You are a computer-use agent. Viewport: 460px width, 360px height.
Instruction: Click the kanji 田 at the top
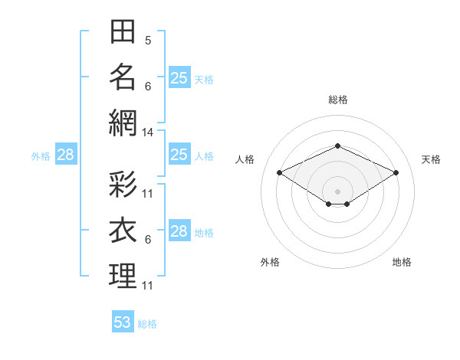pyautogui.click(x=123, y=31)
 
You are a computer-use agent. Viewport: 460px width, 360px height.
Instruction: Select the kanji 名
pyautogui.click(x=123, y=77)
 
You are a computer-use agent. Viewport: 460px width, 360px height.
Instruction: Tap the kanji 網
pyautogui.click(x=123, y=123)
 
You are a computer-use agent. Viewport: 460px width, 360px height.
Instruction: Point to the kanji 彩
pyautogui.click(x=123, y=184)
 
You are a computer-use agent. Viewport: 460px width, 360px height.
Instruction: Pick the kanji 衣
pyautogui.click(x=123, y=230)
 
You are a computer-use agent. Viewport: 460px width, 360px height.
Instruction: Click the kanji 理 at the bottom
pyautogui.click(x=123, y=276)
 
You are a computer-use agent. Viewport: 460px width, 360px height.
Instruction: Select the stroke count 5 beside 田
pyautogui.click(x=148, y=41)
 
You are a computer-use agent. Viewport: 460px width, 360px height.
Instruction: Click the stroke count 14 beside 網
pyautogui.click(x=147, y=133)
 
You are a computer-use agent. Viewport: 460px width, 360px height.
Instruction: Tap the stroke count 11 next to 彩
pyautogui.click(x=147, y=194)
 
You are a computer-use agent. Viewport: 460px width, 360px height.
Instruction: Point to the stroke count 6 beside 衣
pyautogui.click(x=148, y=240)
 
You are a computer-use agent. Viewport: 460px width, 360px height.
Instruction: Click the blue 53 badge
pyautogui.click(x=123, y=321)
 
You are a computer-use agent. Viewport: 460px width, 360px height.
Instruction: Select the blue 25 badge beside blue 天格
pyautogui.click(x=179, y=77)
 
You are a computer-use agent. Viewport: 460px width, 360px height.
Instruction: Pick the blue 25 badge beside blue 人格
pyautogui.click(x=179, y=154)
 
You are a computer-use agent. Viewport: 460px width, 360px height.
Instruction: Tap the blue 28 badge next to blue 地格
pyautogui.click(x=179, y=230)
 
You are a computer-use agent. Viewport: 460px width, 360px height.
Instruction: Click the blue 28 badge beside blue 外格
pyautogui.click(x=66, y=154)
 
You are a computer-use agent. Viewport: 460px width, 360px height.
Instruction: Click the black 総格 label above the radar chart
pyautogui.click(x=338, y=100)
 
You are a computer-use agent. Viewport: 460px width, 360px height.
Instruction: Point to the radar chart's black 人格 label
pyautogui.click(x=245, y=159)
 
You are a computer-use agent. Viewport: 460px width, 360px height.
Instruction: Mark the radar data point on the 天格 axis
pyautogui.click(x=396, y=172)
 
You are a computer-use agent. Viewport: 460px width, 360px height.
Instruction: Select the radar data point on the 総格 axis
pyautogui.click(x=337, y=146)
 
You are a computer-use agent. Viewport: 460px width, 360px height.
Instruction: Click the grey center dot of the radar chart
pyautogui.click(x=337, y=191)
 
